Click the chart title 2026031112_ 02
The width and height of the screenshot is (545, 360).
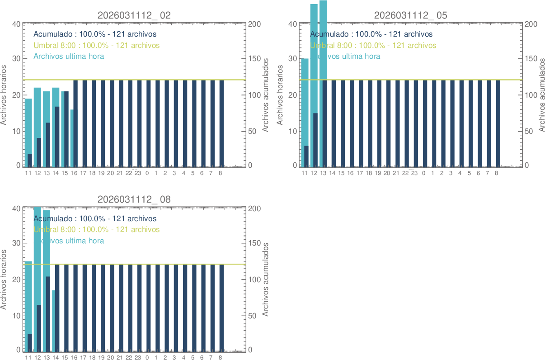click(134, 15)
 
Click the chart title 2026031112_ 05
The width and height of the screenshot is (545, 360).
click(411, 15)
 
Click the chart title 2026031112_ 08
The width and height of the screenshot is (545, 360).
click(134, 199)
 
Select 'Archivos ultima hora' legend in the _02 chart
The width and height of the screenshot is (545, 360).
click(69, 56)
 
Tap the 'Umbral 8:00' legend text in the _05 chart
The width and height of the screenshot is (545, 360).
click(373, 45)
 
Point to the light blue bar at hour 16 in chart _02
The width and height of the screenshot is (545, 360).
click(71, 138)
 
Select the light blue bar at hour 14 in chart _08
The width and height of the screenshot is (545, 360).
click(54, 321)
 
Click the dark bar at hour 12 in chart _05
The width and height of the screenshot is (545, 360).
click(315, 140)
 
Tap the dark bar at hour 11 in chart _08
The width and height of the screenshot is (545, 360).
click(30, 342)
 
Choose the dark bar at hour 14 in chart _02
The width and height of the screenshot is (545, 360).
click(57, 137)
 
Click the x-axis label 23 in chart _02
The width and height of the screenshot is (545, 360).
click(138, 173)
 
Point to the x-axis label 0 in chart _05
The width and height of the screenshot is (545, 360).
click(423, 173)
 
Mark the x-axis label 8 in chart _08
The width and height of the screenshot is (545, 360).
click(221, 357)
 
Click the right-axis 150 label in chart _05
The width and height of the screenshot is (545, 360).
click(531, 59)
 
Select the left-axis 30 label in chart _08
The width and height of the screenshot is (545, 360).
click(16, 243)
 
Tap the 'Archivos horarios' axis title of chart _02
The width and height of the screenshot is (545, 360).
click(4, 95)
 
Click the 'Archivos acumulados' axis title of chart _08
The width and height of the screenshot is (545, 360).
click(266, 279)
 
